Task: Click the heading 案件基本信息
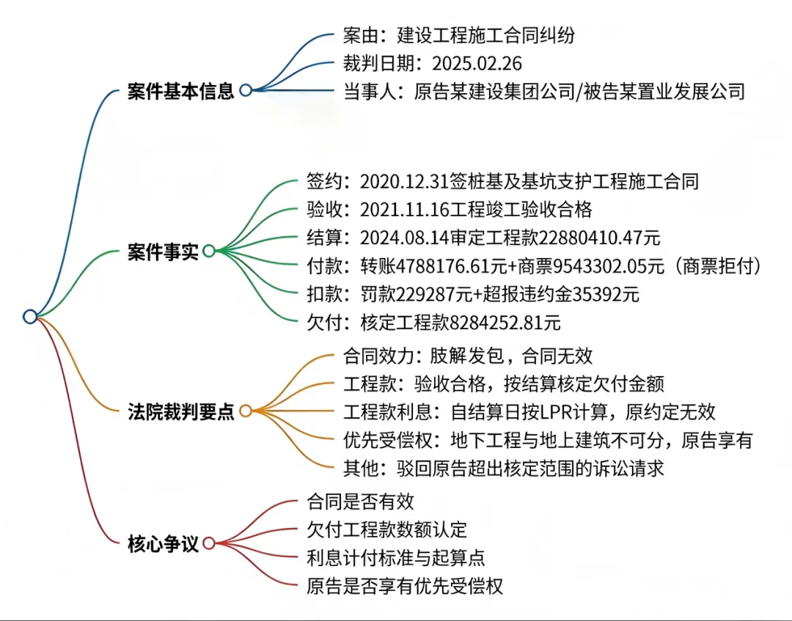click(180, 91)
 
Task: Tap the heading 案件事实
click(162, 252)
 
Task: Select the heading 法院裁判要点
click(180, 412)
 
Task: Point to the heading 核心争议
click(162, 544)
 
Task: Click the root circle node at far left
click(30, 317)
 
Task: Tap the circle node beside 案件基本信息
click(246, 90)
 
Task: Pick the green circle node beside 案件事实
click(209, 251)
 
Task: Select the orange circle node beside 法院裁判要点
click(246, 411)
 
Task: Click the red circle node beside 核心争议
click(209, 543)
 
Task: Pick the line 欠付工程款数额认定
click(386, 529)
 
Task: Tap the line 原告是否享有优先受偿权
click(405, 586)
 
